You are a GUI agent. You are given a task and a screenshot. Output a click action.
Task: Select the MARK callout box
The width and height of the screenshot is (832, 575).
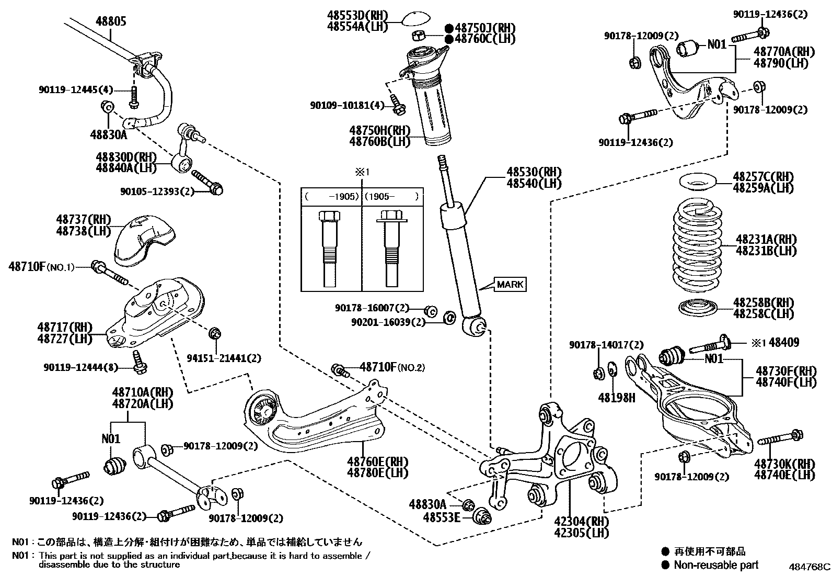coord(510,285)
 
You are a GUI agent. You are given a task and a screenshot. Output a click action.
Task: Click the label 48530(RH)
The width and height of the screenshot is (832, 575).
coord(533,172)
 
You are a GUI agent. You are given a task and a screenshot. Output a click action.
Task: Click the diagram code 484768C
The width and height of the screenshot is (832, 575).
coord(810,567)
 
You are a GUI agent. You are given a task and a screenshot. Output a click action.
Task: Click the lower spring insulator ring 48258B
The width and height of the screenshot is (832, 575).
coord(697,308)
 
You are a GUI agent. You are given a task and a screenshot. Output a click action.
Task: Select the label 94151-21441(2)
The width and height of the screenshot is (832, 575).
coord(224,358)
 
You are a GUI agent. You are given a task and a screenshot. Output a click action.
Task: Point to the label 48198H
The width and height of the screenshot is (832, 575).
coord(617,398)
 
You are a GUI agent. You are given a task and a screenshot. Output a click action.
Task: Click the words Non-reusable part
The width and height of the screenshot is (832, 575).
coord(715,565)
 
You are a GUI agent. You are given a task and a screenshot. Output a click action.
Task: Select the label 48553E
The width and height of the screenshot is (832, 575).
coord(442,517)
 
